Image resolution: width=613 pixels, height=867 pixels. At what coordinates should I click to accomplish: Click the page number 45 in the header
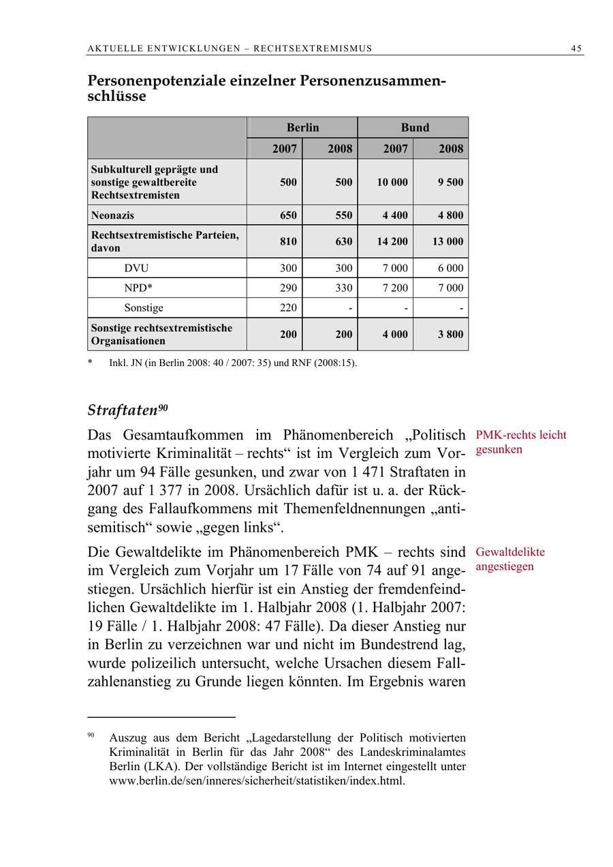576,48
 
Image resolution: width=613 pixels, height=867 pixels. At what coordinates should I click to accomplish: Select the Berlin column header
302,127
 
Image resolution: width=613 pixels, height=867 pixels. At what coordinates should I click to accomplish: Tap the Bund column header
414,127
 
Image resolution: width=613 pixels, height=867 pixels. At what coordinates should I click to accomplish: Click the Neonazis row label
112,215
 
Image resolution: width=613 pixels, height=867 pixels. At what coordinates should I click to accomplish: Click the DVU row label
136,268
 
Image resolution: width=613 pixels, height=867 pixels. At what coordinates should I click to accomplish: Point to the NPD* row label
138,288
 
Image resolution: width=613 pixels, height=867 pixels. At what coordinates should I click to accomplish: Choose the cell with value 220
288,307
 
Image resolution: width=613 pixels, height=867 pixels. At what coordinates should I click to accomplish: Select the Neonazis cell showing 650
288,215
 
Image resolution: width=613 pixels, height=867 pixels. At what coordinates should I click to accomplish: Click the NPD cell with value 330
344,288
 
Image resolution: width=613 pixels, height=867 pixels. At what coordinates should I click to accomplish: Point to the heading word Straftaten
123,411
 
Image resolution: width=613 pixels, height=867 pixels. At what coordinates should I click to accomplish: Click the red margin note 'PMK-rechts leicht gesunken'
520,442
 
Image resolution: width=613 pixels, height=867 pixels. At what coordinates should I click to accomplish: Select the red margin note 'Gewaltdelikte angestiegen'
510,559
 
